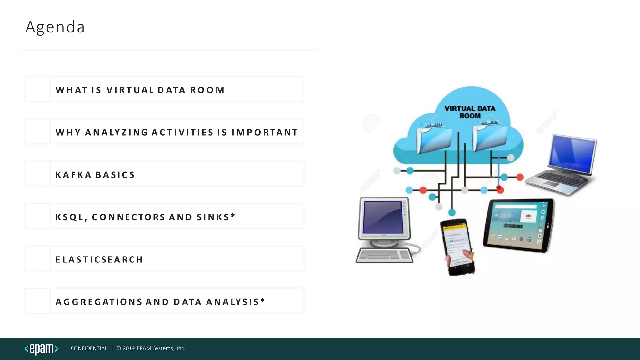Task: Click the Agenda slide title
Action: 55,27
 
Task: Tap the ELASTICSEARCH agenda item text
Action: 99,260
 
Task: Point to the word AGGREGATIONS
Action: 99,302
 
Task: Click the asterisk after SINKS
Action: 233,216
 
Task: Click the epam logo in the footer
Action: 42,349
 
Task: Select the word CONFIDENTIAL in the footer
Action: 89,348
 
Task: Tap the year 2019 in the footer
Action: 129,348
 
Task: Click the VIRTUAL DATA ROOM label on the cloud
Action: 470,112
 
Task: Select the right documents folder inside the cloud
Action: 490,137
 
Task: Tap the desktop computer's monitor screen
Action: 383,217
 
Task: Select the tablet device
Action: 519,225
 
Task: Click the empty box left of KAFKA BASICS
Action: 37,174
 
